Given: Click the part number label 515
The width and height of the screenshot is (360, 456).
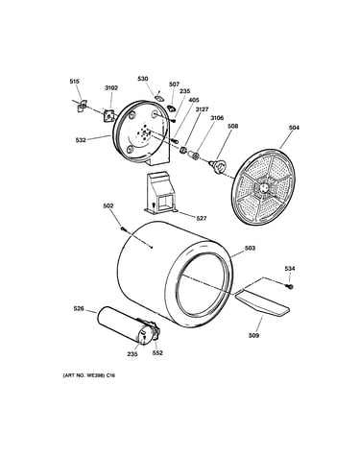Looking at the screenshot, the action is click(74, 82).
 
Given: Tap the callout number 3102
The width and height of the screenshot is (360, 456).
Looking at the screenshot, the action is click(111, 88).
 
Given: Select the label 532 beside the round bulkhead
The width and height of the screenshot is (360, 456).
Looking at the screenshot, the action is click(81, 140).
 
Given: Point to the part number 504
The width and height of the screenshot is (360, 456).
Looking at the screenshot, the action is click(294, 128).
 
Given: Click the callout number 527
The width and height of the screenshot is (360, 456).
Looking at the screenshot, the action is click(202, 218).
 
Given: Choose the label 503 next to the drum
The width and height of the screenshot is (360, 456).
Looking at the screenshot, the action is click(250, 248).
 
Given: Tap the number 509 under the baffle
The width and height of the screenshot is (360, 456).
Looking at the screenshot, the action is click(253, 336).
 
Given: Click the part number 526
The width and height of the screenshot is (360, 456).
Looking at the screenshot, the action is click(79, 309).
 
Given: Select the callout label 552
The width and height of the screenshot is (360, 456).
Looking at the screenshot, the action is click(157, 353).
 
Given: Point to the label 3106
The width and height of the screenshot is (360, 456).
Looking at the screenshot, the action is click(217, 118).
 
